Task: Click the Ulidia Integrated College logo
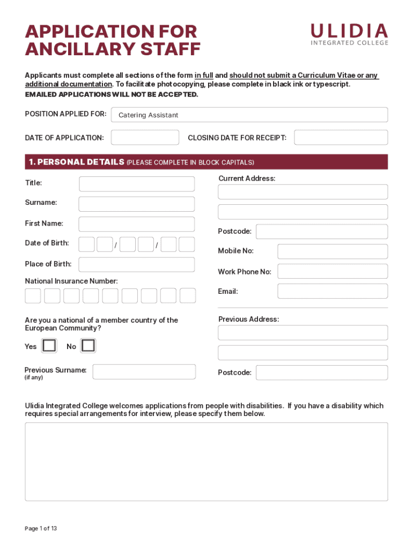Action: click(349, 34)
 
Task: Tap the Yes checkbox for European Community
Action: click(49, 346)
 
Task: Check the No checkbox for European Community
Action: click(88, 346)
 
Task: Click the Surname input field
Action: click(137, 204)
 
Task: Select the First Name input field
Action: click(137, 224)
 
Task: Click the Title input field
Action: click(137, 184)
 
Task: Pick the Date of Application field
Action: click(145, 137)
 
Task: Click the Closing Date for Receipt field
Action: click(341, 137)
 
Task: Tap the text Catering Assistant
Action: click(148, 115)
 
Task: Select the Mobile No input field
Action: click(333, 251)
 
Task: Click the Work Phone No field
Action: click(333, 271)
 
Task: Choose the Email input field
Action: click(333, 291)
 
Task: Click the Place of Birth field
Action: click(137, 264)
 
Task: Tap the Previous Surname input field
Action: click(144, 372)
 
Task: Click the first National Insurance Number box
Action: click(33, 295)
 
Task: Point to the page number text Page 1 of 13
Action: click(41, 528)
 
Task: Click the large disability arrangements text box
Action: click(206, 461)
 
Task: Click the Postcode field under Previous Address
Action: click(321, 373)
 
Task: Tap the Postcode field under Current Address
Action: click(321, 232)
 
